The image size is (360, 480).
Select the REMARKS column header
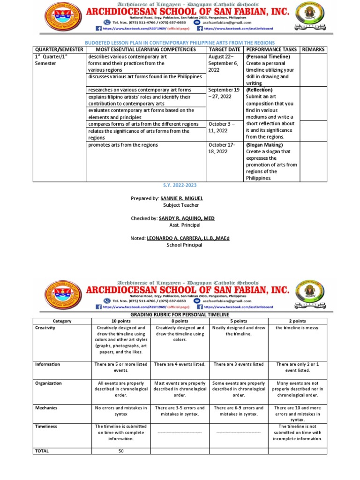[x=313, y=49]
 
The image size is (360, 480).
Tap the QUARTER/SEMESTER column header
[x=59, y=49]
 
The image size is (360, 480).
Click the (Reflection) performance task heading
[x=259, y=90]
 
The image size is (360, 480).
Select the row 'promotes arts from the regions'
[x=123, y=145]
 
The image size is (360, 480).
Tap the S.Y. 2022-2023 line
[x=180, y=186]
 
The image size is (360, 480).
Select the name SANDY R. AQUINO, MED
[x=187, y=218]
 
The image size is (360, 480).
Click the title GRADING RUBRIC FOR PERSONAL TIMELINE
[x=180, y=314]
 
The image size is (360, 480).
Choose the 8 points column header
[x=180, y=320]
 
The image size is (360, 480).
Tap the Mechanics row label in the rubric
[x=46, y=408]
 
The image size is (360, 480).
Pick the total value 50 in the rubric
[x=121, y=451]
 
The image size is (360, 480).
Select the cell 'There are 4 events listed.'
[x=180, y=364]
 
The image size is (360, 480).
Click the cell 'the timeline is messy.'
[x=298, y=328]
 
